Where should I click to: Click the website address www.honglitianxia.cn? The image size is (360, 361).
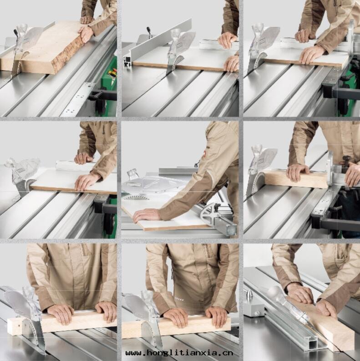[x=179, y=353]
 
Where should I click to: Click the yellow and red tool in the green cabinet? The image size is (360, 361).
[x=112, y=74]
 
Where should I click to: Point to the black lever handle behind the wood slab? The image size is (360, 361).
[x=15, y=33]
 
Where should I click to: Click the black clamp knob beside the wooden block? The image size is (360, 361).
[x=346, y=159]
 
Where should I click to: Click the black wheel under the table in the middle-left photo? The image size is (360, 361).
[x=108, y=224]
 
